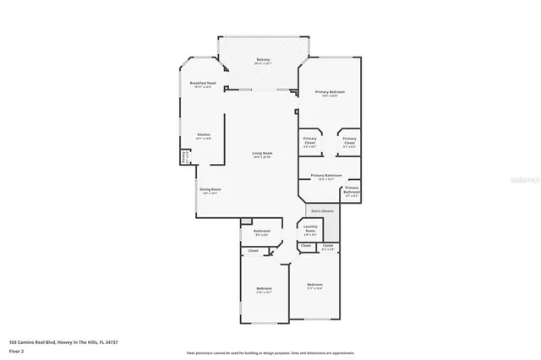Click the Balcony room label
(263, 59)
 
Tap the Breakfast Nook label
(204, 83)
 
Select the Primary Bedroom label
(330, 91)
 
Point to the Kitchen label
(204, 135)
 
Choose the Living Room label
(262, 153)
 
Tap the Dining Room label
(210, 189)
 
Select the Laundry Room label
(310, 226)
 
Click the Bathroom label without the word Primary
(261, 231)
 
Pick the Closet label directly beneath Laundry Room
(306, 246)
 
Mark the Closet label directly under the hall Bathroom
(253, 251)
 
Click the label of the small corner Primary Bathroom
(352, 188)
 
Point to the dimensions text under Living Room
(262, 157)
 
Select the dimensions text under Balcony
(263, 63)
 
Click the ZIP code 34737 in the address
(109, 342)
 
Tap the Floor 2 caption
(17, 351)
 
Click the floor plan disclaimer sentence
(270, 352)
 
